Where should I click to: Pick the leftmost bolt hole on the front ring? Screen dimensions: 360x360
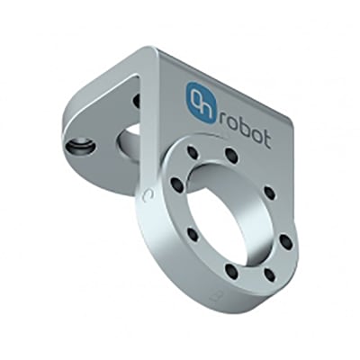(x=175, y=185)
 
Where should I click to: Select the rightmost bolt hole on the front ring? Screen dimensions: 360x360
(x=286, y=240)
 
